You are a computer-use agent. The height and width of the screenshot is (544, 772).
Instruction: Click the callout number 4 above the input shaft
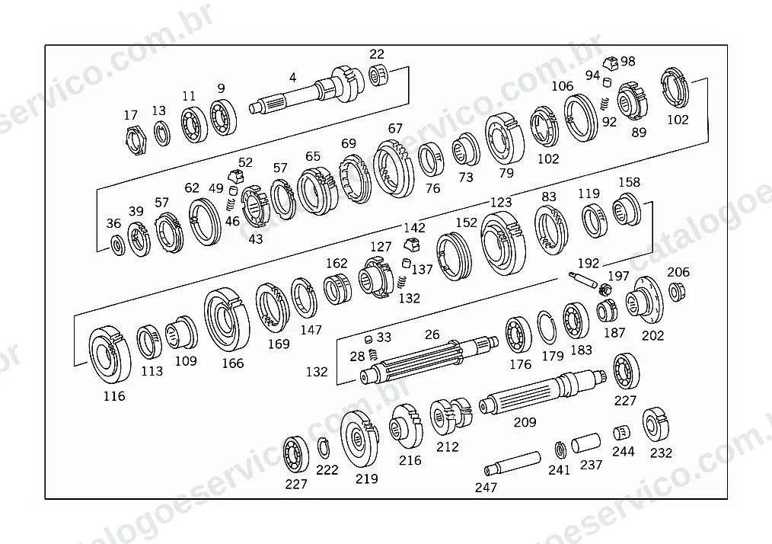(x=293, y=78)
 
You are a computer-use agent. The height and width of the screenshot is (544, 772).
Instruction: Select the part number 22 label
(x=377, y=53)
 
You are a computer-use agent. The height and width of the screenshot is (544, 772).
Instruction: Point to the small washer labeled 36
(x=118, y=245)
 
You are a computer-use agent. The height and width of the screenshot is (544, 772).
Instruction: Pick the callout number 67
(x=395, y=128)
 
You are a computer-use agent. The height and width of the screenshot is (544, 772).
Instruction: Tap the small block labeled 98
(x=611, y=63)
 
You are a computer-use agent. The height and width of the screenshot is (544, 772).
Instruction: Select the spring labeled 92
(x=605, y=104)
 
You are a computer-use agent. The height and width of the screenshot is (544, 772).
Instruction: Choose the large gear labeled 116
(x=110, y=354)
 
